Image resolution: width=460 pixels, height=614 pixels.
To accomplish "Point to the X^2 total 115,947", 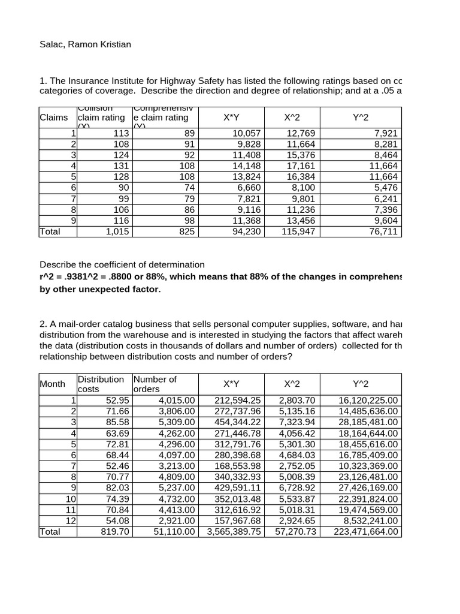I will pos(298,231).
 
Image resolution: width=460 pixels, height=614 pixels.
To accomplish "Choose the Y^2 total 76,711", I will pos(383,231).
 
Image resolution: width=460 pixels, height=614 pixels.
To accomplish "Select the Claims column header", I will pos(54,118).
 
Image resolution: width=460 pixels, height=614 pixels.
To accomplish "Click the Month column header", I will pos(53,384).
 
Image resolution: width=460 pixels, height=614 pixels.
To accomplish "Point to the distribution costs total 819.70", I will pos(114,531).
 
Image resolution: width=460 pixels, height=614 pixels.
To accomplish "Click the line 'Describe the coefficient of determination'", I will pos(122,264).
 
